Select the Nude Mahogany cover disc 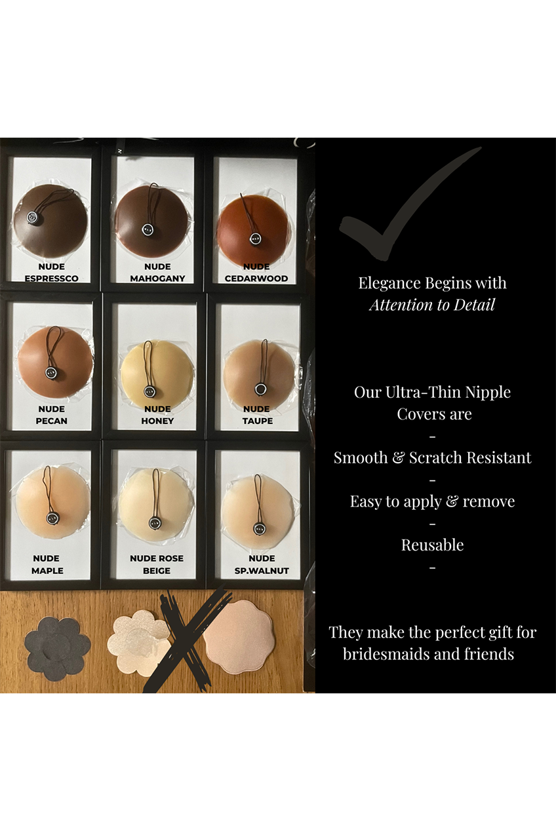(x=152, y=223)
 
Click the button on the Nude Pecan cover (x=52, y=372)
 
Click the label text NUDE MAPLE (x=47, y=564)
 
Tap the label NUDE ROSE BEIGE (x=156, y=564)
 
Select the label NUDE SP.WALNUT (x=262, y=564)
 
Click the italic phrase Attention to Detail (x=431, y=304)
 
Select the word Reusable (x=432, y=545)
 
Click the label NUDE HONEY (x=157, y=415)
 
